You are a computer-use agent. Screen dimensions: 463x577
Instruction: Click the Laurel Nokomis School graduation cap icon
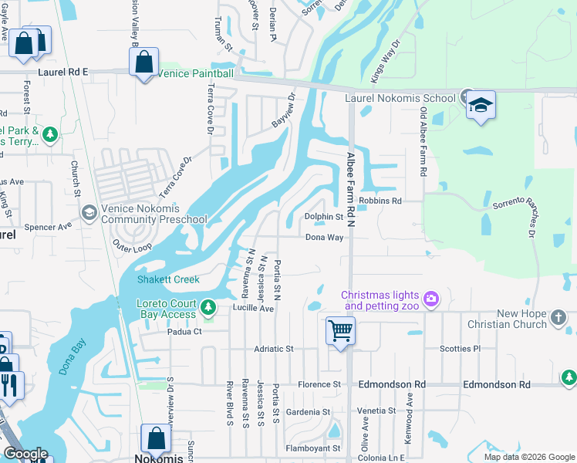480,106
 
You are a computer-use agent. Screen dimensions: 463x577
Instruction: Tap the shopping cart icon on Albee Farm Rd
340,331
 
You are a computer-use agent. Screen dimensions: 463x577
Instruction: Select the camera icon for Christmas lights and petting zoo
430,298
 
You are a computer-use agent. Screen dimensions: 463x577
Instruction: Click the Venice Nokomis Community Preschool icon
89,212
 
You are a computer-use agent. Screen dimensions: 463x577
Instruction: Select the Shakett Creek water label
168,279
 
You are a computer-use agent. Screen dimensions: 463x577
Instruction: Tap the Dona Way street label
324,238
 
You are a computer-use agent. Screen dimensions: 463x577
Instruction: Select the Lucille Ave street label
254,308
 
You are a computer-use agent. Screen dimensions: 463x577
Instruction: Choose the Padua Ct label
184,332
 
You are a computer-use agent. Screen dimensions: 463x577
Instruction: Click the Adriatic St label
274,349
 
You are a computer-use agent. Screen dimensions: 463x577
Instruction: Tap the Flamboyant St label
314,448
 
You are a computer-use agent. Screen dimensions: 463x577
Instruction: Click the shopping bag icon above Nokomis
156,439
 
